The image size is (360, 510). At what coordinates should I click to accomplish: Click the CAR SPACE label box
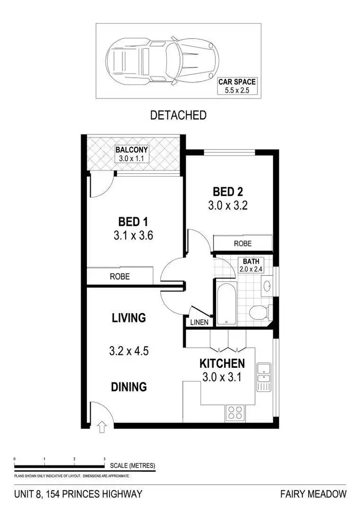tap(237, 85)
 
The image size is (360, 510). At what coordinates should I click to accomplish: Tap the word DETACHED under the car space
tap(178, 115)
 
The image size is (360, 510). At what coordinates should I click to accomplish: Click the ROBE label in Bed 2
tap(242, 243)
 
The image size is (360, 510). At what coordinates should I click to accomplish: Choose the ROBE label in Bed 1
tap(120, 277)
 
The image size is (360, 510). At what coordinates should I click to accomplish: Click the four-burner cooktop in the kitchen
tap(235, 413)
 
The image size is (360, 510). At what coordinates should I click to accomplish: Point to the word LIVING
tap(128, 318)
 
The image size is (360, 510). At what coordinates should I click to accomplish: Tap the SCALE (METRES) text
tap(132, 466)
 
